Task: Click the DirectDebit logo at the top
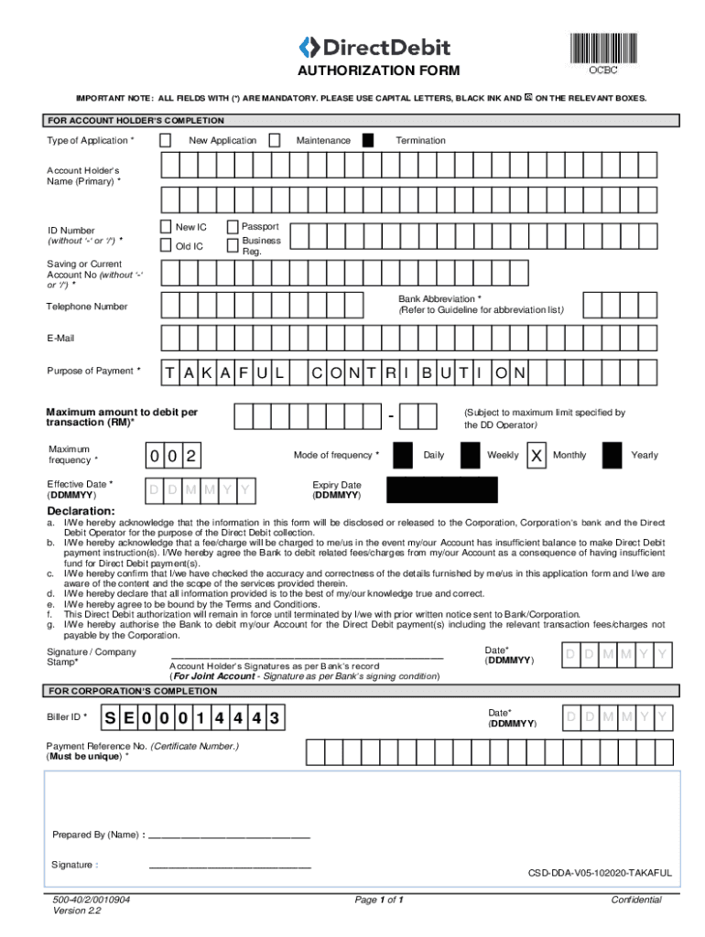pyautogui.click(x=375, y=48)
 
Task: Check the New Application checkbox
pyautogui.click(x=165, y=141)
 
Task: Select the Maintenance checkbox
pyautogui.click(x=276, y=141)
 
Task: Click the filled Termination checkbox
pyautogui.click(x=368, y=141)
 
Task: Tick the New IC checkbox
pyautogui.click(x=166, y=227)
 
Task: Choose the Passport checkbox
pyautogui.click(x=233, y=227)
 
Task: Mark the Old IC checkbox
pyautogui.click(x=166, y=245)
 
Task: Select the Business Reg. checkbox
pyautogui.click(x=233, y=245)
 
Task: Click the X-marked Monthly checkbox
pyautogui.click(x=537, y=455)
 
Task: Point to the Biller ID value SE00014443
pyautogui.click(x=191, y=717)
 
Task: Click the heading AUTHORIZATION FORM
pyautogui.click(x=365, y=71)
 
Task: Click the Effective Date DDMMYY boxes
pyautogui.click(x=199, y=492)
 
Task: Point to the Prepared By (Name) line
pyautogui.click(x=228, y=835)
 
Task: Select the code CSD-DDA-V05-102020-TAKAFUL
pyautogui.click(x=599, y=873)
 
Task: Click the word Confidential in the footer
pyautogui.click(x=635, y=900)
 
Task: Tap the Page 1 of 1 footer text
pyautogui.click(x=379, y=900)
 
